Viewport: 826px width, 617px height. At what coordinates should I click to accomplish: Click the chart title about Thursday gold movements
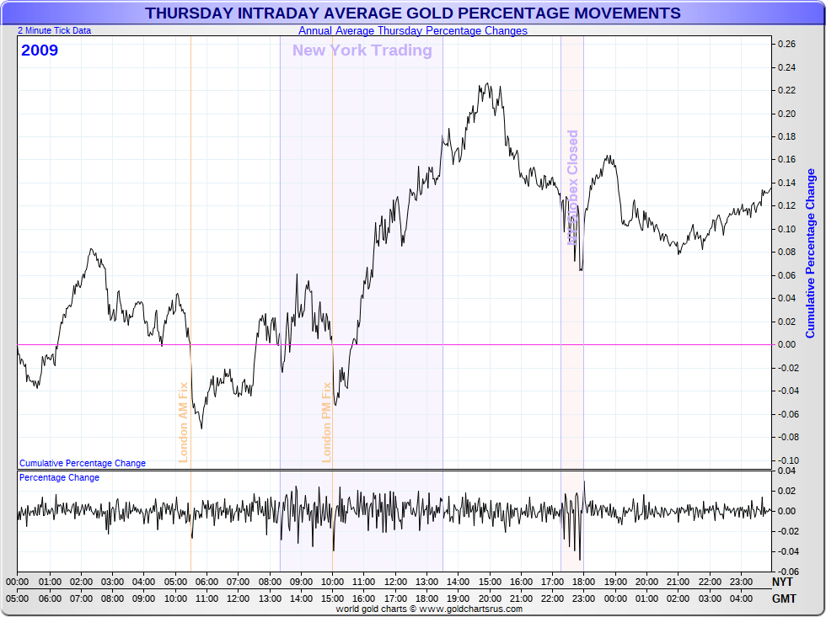413,13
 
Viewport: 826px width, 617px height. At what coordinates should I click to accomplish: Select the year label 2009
40,51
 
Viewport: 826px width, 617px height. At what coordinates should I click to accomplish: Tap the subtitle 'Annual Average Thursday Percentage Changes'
413,31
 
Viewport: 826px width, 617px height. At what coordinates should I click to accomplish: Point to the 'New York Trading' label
362,51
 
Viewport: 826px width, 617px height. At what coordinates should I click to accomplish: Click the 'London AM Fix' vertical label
183,422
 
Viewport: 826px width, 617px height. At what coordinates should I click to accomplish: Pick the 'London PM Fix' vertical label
326,422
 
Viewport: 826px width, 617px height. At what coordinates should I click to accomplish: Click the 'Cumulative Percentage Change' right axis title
811,253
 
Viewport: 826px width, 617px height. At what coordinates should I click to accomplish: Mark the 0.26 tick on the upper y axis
786,44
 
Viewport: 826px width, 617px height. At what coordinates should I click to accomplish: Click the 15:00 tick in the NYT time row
490,582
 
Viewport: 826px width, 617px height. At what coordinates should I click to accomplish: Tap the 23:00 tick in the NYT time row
742,582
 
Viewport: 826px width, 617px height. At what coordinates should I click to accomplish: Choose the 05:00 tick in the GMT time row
17,598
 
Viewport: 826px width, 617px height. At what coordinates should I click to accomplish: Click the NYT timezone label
782,582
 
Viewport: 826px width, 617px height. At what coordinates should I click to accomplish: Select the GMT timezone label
782,598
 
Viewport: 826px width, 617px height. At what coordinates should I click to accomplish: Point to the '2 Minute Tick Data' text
55,30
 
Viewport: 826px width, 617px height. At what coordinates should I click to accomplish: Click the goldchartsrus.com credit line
429,609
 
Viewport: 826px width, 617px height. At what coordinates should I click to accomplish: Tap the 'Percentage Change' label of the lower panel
59,477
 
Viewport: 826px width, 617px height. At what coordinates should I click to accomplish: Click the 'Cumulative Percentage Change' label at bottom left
82,463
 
